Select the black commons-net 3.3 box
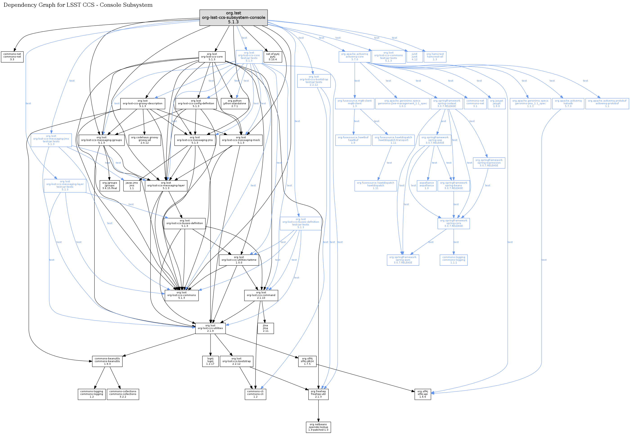click(12, 57)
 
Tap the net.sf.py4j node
click(273, 57)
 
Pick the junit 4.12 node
click(415, 57)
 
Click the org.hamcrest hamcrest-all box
click(435, 57)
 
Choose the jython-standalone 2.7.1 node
click(235, 104)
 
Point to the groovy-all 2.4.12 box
click(144, 140)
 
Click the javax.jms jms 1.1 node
click(132, 185)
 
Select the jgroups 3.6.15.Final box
click(110, 185)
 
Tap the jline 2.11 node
click(265, 328)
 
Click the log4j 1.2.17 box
click(210, 361)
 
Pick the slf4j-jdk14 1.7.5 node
click(307, 361)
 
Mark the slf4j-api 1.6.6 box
click(423, 394)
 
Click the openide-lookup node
click(318, 427)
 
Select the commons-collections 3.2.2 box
click(123, 394)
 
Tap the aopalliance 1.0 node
click(426, 185)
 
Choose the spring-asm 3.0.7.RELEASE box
click(403, 260)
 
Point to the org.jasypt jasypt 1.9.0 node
click(496, 104)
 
